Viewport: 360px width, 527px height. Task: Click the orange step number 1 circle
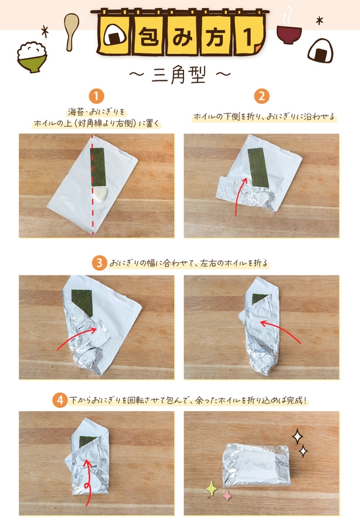[98, 96]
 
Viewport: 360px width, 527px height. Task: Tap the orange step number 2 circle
[262, 96]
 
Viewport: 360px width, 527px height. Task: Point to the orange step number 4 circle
[60, 399]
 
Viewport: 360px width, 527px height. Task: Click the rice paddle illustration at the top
[69, 28]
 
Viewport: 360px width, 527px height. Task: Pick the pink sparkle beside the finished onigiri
[226, 495]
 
